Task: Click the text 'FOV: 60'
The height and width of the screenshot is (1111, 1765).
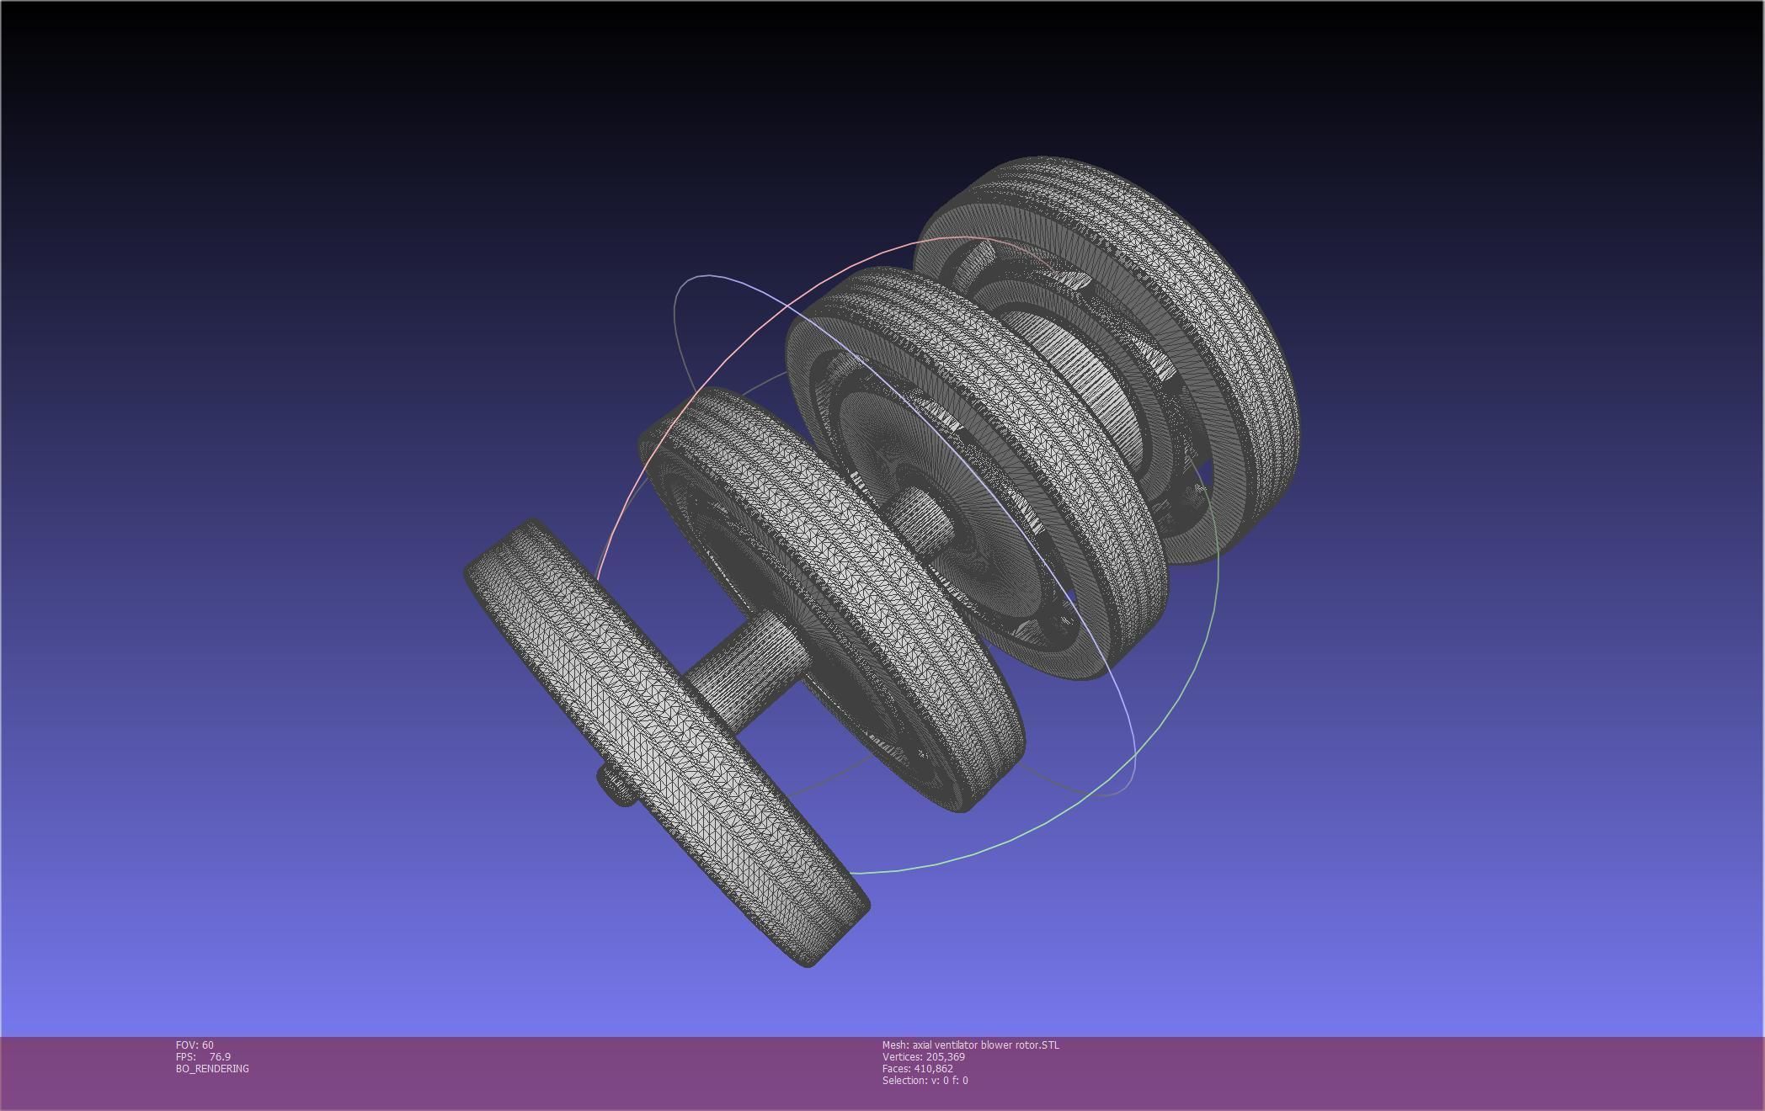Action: point(195,1045)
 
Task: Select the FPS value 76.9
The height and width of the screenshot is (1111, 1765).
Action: point(220,1056)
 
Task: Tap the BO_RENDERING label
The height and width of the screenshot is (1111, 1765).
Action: point(212,1068)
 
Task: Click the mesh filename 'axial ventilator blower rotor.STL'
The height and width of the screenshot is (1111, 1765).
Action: point(985,1045)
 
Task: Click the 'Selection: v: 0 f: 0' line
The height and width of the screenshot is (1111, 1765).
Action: point(925,1080)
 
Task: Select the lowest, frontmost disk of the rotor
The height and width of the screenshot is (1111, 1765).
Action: point(665,741)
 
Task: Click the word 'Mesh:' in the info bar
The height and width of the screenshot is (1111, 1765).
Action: point(895,1045)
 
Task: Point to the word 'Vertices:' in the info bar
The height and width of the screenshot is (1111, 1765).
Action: point(902,1056)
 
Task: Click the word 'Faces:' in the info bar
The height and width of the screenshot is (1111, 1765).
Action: point(896,1068)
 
